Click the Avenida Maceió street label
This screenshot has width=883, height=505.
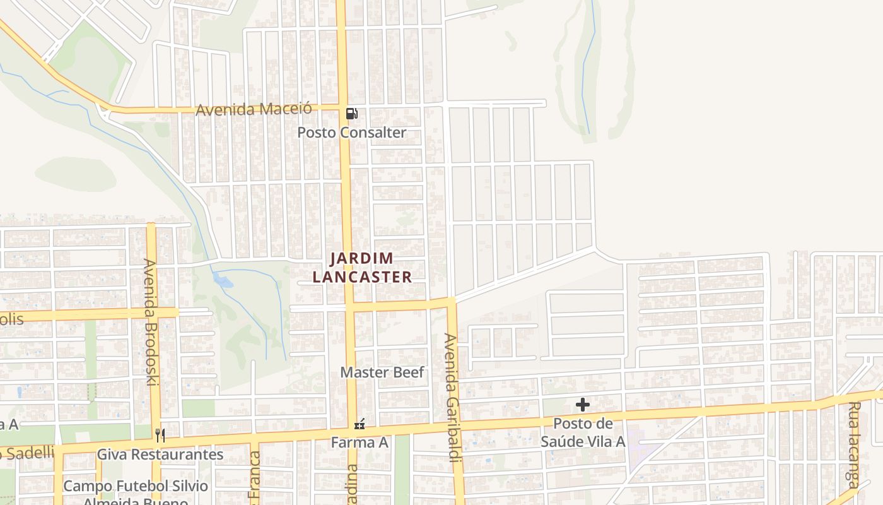254,109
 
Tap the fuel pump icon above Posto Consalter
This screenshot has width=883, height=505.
352,114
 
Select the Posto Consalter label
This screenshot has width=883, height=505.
352,133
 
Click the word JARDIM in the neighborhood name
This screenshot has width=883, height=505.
362,258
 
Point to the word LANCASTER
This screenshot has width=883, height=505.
362,277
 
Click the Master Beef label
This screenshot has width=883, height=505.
382,372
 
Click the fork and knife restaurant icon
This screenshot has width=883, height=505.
160,435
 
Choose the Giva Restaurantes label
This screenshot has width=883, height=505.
160,454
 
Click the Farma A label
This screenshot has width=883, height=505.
360,443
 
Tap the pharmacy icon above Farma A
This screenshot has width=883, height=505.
360,425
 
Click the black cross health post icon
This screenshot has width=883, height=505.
583,405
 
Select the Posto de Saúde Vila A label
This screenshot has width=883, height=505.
583,432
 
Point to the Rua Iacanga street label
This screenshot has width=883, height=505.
854,445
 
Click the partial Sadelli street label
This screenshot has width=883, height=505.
28,452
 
